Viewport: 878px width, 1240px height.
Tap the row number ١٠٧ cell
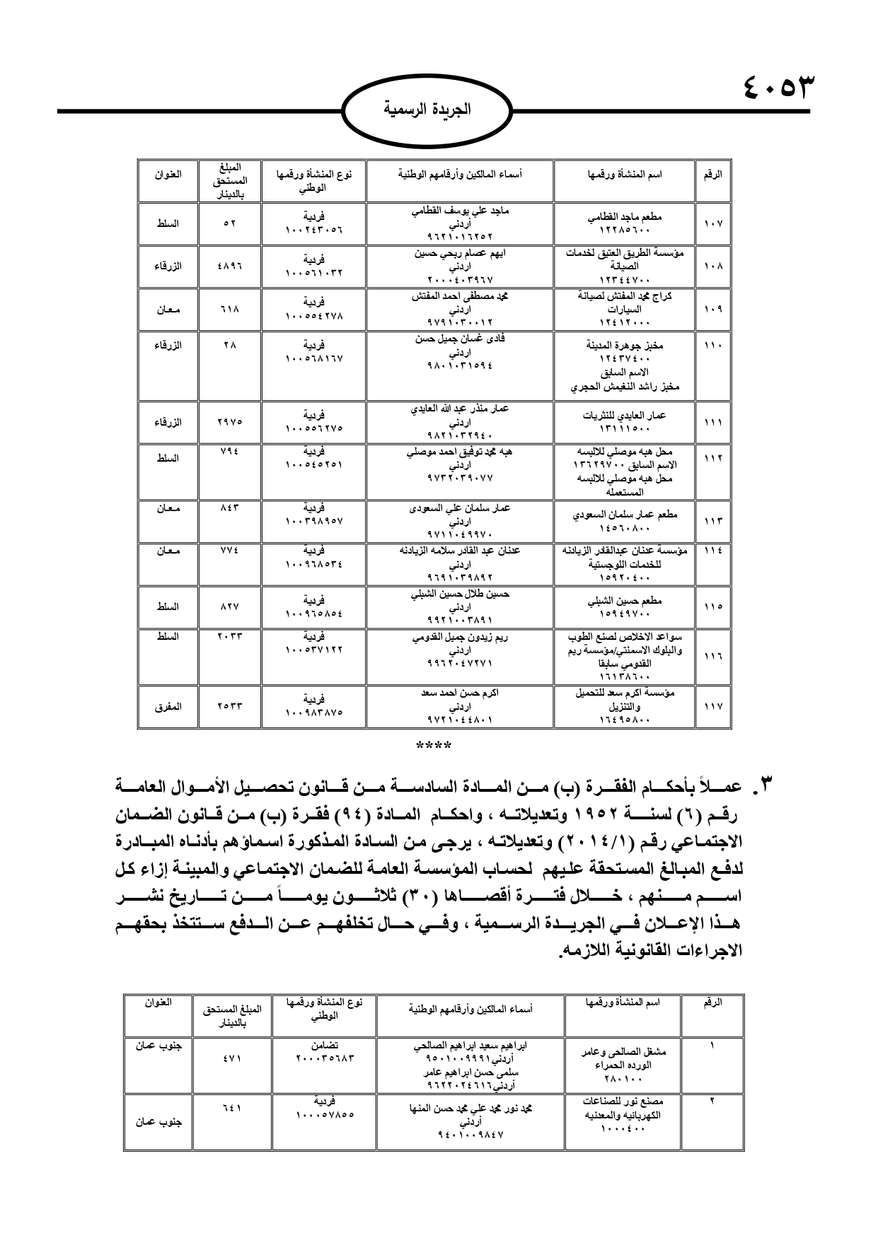coord(712,223)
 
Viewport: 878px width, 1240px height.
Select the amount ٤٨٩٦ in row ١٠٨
coord(229,266)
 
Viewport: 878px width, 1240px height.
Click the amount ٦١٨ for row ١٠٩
coord(229,309)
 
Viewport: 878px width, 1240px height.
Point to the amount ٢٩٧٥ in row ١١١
coord(229,421)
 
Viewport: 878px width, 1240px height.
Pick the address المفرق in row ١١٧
coord(168,706)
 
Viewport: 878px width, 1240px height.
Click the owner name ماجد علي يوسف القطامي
coord(460,211)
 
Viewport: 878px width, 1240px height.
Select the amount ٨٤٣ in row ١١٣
coord(229,508)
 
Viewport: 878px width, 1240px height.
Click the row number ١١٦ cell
coord(712,656)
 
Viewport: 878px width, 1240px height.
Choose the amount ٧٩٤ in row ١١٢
coord(229,451)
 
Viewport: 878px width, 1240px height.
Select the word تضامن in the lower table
coord(324,1045)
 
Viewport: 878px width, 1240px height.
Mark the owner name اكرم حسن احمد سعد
coord(460,693)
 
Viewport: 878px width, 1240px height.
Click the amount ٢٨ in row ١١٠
coord(229,345)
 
